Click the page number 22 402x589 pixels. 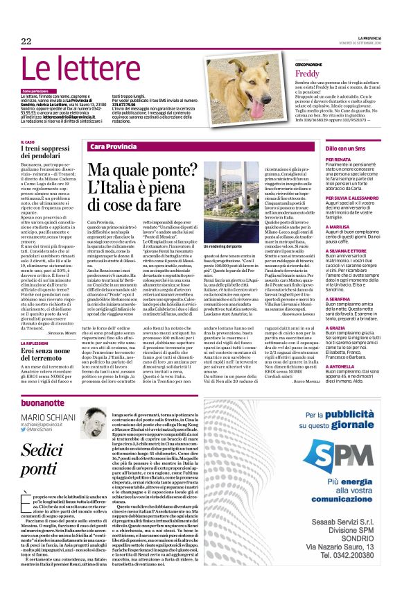26,42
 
